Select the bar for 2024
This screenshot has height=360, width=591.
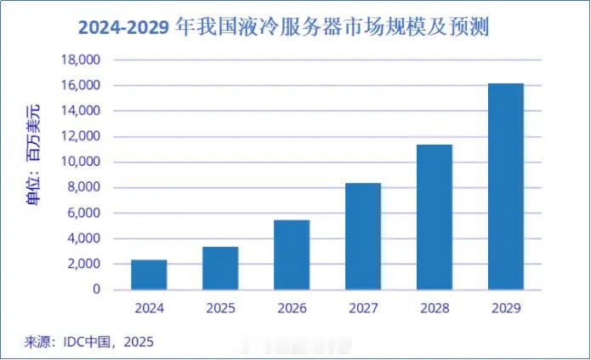click(x=149, y=274)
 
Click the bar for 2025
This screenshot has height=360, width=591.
click(x=220, y=268)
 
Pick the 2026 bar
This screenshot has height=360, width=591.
click(x=292, y=254)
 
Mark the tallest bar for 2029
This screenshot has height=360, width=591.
click(x=506, y=186)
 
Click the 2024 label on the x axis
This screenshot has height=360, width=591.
click(x=149, y=307)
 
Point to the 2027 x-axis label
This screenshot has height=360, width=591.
click(x=363, y=307)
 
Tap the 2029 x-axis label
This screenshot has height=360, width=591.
click(x=506, y=307)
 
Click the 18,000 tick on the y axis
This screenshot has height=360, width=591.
click(x=82, y=60)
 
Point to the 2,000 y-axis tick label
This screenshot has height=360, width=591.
click(x=84, y=265)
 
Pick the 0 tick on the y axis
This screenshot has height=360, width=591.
click(x=95, y=290)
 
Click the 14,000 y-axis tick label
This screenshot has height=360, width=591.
click(x=82, y=111)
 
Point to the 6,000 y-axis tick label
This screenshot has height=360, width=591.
click(x=84, y=214)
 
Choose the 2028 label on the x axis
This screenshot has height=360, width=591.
click(x=435, y=307)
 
